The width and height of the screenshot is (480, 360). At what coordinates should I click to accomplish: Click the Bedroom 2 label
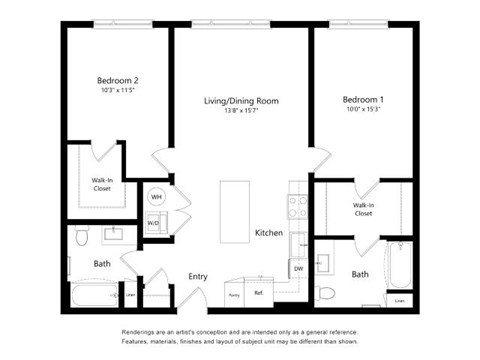tap(117, 80)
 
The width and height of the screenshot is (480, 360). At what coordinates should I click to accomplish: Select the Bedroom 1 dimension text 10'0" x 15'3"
tap(362, 111)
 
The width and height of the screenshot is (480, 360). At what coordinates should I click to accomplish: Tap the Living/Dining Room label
tap(241, 101)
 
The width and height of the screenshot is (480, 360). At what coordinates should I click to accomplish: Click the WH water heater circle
tap(156, 197)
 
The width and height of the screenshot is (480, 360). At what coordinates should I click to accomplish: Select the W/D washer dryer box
tap(154, 222)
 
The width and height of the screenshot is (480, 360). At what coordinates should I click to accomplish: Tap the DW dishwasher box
tap(298, 268)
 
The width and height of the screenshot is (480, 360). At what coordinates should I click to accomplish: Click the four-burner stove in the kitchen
tap(298, 207)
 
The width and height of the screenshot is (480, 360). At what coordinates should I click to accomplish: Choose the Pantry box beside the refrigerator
tap(234, 294)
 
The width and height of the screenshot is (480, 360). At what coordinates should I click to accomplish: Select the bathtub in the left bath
tap(96, 294)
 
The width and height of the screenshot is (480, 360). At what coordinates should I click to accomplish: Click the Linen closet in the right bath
tap(400, 299)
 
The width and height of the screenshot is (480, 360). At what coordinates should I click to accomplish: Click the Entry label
tap(197, 276)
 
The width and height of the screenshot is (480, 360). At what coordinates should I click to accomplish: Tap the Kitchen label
tap(269, 233)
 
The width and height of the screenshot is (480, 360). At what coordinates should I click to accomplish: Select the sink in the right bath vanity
tap(325, 263)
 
